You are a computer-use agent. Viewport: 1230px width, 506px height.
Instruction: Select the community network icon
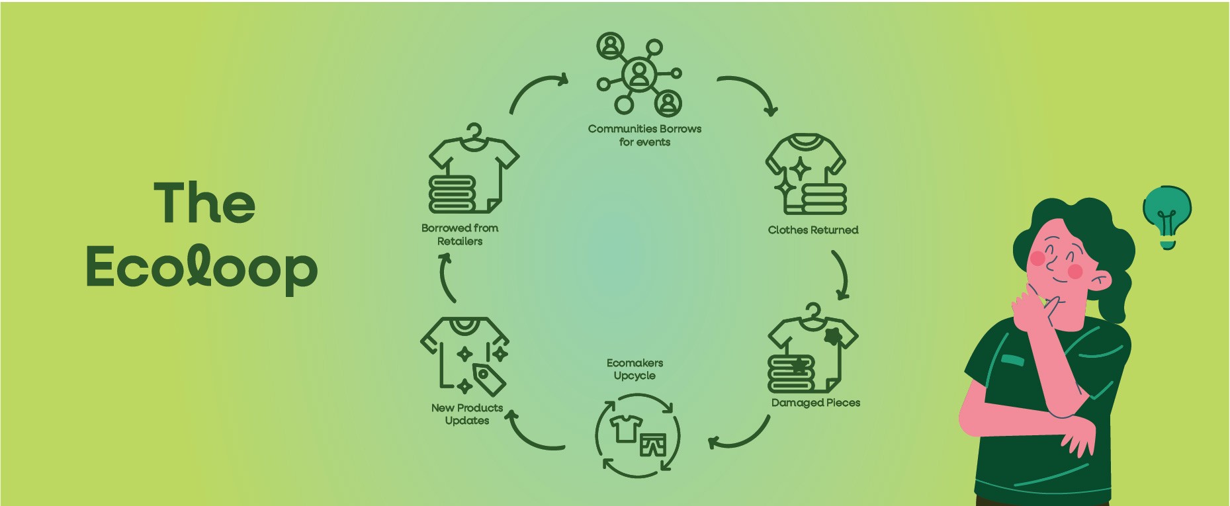point(639,74)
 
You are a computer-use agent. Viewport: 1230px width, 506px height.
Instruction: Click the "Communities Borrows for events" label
point(644,135)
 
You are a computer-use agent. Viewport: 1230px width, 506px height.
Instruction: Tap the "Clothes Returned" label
point(813,230)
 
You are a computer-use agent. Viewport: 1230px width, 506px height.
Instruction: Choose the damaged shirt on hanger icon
point(812,349)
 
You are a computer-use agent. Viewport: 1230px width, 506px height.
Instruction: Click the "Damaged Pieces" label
point(815,403)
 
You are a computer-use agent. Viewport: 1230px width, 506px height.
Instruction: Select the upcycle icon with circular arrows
point(637,435)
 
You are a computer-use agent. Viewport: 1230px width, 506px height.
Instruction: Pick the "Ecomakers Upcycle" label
point(635,369)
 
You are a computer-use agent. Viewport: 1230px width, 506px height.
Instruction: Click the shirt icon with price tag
point(464,356)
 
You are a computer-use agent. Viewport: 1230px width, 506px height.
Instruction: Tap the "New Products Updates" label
point(466,414)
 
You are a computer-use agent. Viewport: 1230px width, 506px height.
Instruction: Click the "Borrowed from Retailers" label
point(460,234)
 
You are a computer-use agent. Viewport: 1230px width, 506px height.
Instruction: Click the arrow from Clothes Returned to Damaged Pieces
point(841,274)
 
